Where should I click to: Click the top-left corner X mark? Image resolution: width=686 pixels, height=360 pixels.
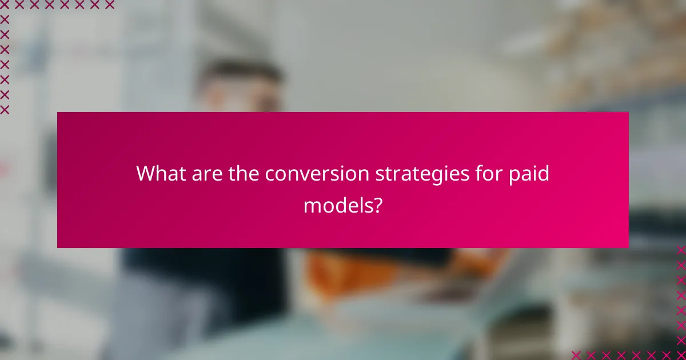(x=5, y=5)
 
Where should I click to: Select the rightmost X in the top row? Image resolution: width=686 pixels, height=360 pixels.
(x=109, y=5)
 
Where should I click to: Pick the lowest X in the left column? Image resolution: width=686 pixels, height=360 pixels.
(x=5, y=109)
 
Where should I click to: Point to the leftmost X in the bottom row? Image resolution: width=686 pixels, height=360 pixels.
(x=576, y=355)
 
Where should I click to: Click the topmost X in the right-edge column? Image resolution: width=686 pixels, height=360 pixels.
(x=681, y=250)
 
